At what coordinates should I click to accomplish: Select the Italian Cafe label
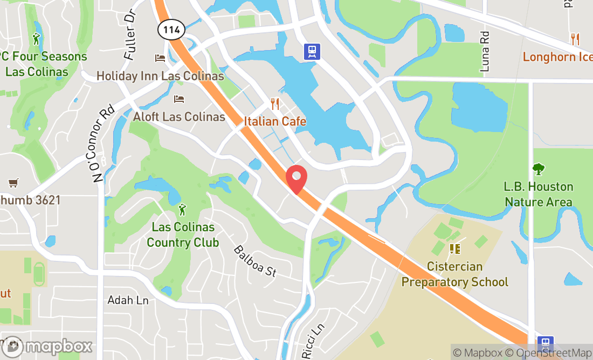pyautogui.click(x=275, y=121)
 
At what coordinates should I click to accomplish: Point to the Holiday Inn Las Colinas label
pyautogui.click(x=160, y=76)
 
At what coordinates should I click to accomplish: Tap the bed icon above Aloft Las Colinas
pyautogui.click(x=179, y=99)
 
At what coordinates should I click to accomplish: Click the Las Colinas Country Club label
pyautogui.click(x=183, y=235)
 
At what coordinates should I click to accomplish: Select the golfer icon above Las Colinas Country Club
pyautogui.click(x=183, y=208)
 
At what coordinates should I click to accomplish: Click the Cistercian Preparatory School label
pyautogui.click(x=454, y=274)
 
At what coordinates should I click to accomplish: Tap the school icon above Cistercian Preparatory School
pyautogui.click(x=454, y=249)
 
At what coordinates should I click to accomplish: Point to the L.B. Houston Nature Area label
pyautogui.click(x=539, y=194)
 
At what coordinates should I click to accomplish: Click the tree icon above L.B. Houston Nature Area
pyautogui.click(x=538, y=169)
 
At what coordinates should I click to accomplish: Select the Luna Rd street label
pyautogui.click(x=485, y=52)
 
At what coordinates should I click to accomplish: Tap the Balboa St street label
pyautogui.click(x=254, y=261)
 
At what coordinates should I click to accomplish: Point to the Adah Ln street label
pyautogui.click(x=128, y=300)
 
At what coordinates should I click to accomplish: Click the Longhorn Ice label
pyautogui.click(x=557, y=57)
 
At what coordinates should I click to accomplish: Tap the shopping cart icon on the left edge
pyautogui.click(x=13, y=183)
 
